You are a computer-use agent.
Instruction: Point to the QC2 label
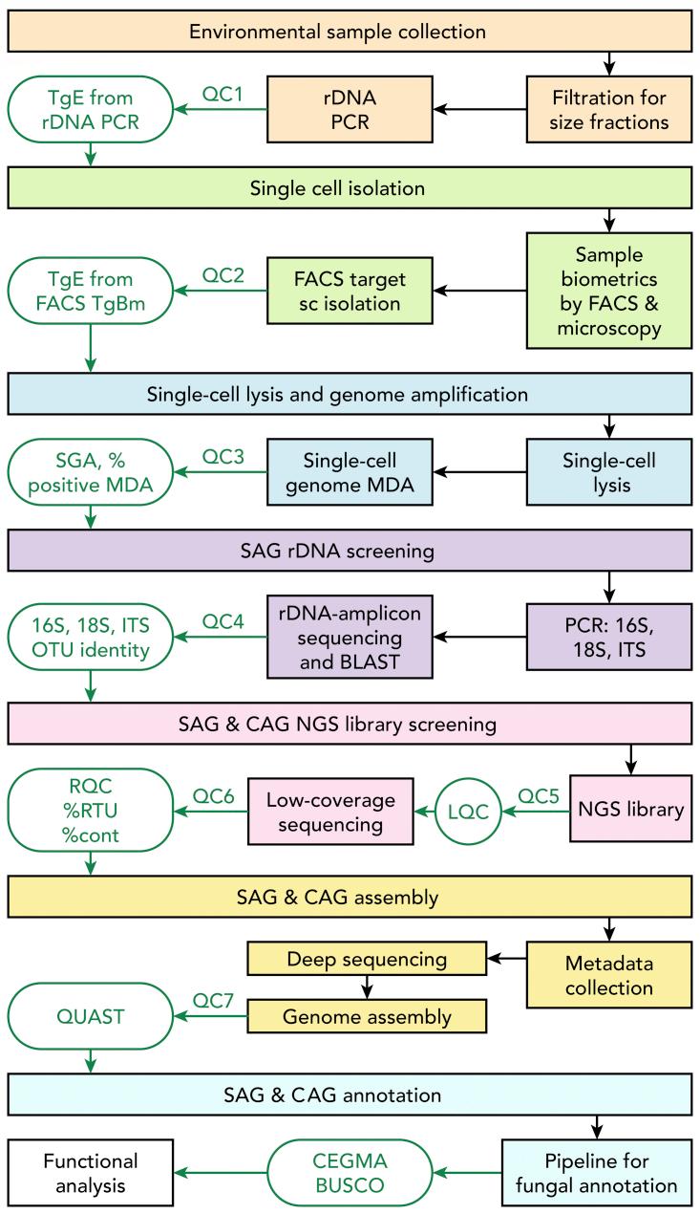pyautogui.click(x=223, y=276)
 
